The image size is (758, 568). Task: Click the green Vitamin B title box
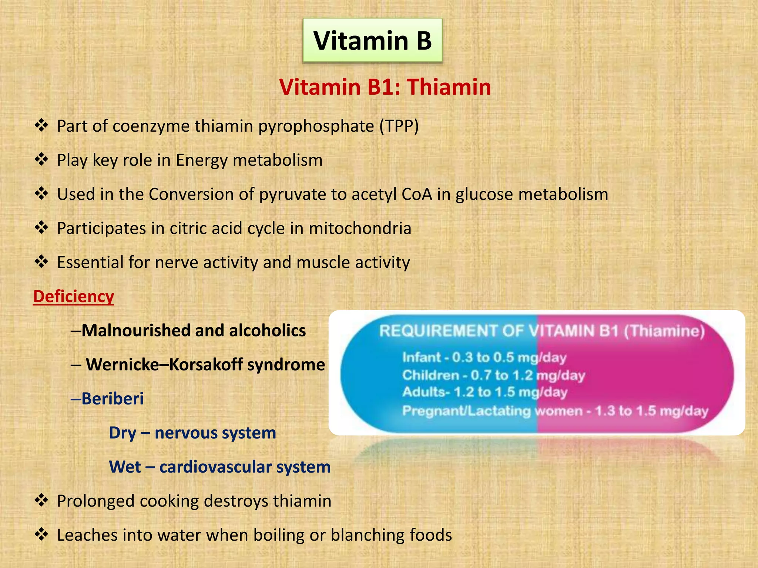(x=372, y=40)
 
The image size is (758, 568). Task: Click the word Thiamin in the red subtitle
(x=449, y=87)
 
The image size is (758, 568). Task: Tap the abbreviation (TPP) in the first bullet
(x=399, y=126)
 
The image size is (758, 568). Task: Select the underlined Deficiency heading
(x=74, y=297)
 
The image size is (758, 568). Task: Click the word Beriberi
(x=113, y=399)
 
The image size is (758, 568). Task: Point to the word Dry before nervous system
(x=123, y=433)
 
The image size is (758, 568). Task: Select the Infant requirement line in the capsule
(x=484, y=358)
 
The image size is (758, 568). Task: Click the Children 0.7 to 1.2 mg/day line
(x=493, y=375)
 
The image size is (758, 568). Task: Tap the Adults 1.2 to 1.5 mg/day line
(x=484, y=392)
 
